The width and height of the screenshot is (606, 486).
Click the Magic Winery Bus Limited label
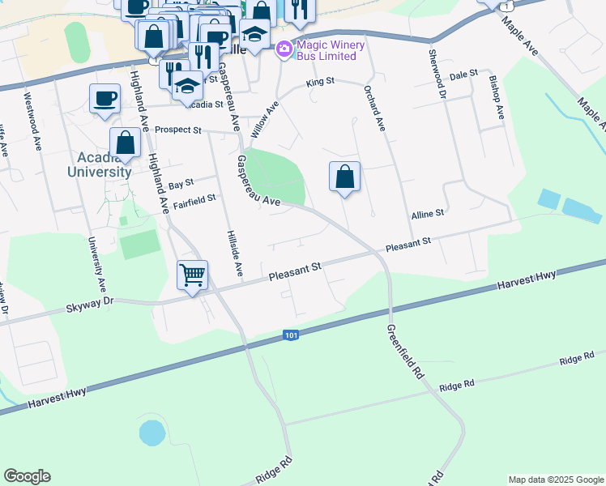[x=326, y=50]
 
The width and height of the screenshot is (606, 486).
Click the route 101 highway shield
[x=292, y=335]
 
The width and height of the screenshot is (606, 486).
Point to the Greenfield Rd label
[x=404, y=352]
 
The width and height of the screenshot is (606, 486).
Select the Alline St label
[x=428, y=214]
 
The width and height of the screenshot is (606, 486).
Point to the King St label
[x=320, y=83]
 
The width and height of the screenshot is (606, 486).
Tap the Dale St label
[x=463, y=75]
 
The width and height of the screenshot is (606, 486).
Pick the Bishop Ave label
[x=496, y=98]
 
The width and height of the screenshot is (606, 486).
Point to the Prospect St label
[x=177, y=130]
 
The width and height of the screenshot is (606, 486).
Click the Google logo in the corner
[x=28, y=476]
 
